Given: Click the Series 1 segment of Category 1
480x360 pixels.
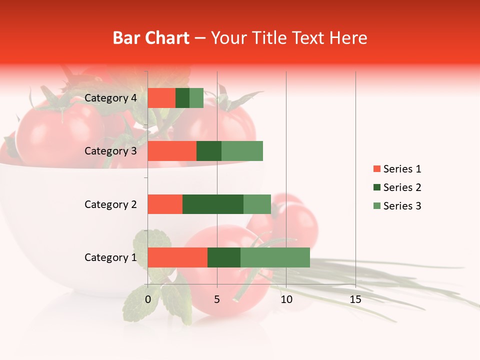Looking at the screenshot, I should point(177,257).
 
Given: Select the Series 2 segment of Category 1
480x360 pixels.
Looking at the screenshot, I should point(224,257).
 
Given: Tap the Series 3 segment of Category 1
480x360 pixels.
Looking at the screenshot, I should point(275,257).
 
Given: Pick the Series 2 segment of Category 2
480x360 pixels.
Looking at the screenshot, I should point(213,204).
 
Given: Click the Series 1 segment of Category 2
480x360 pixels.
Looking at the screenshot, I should point(165,204).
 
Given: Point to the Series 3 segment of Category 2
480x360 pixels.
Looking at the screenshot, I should point(257,204).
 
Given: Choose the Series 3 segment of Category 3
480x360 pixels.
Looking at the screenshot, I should point(242,151).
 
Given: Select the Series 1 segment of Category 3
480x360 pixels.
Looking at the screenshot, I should point(172,151).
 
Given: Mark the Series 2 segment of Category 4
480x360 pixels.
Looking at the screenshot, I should point(182,98).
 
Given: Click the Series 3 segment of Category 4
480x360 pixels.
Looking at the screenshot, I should point(196,98).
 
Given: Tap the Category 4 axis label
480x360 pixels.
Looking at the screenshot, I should point(110,98).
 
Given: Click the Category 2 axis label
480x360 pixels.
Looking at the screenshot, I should point(110,204).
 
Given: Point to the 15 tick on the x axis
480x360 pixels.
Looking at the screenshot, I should point(355,299).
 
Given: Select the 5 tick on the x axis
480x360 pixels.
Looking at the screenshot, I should point(217,299).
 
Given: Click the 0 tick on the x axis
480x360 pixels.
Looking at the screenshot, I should point(148,299).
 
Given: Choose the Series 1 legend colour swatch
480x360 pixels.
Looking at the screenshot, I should point(376,169).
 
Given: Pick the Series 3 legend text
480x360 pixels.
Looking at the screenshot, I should point(402,206).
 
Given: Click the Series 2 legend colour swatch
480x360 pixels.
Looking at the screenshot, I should point(376,187).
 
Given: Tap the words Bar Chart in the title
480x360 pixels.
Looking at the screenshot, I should point(151,38).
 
